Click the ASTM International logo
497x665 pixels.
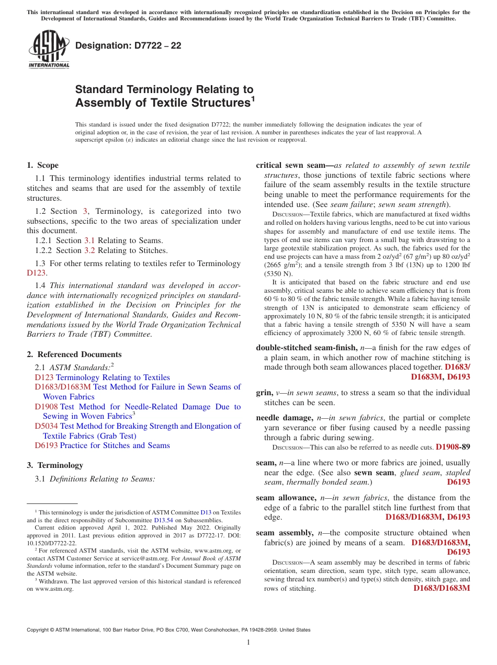coord(49,50)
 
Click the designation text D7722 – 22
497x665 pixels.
coord(128,45)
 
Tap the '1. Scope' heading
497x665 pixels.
coord(43,165)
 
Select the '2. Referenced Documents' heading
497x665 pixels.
coord(74,354)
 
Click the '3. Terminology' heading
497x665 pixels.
coord(55,465)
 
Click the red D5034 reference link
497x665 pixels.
coord(46,426)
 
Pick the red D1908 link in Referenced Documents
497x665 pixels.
coord(46,407)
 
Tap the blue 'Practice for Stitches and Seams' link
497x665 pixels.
coord(115,445)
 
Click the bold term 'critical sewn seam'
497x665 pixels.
coord(292,165)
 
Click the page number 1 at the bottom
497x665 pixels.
coord(249,643)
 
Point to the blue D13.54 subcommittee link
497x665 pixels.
coord(162,521)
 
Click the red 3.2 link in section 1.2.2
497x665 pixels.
coord(89,250)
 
